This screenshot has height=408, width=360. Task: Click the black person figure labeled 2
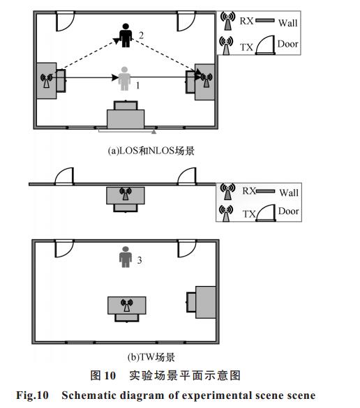[126, 36]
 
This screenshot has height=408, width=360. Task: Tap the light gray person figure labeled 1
[124, 79]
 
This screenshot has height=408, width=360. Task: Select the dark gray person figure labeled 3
[126, 257]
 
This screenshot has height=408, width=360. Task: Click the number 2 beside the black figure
[141, 35]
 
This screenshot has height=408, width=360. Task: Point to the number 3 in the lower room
[140, 260]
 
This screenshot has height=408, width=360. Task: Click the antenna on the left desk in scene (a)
[46, 80]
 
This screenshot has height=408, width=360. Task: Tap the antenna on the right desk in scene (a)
[207, 80]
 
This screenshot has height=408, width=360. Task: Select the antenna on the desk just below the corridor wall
[126, 194]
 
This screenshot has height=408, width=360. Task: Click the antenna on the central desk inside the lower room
[127, 305]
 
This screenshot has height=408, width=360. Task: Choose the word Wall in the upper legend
[287, 23]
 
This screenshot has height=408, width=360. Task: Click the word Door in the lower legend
[288, 211]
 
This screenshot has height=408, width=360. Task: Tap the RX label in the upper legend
[246, 21]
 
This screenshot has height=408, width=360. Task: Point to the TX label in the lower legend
[249, 214]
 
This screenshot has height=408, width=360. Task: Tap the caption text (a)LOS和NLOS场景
[151, 151]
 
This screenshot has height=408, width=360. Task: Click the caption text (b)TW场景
[151, 357]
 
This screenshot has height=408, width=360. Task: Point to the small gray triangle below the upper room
[154, 131]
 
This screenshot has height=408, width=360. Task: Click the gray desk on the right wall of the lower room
[206, 302]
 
